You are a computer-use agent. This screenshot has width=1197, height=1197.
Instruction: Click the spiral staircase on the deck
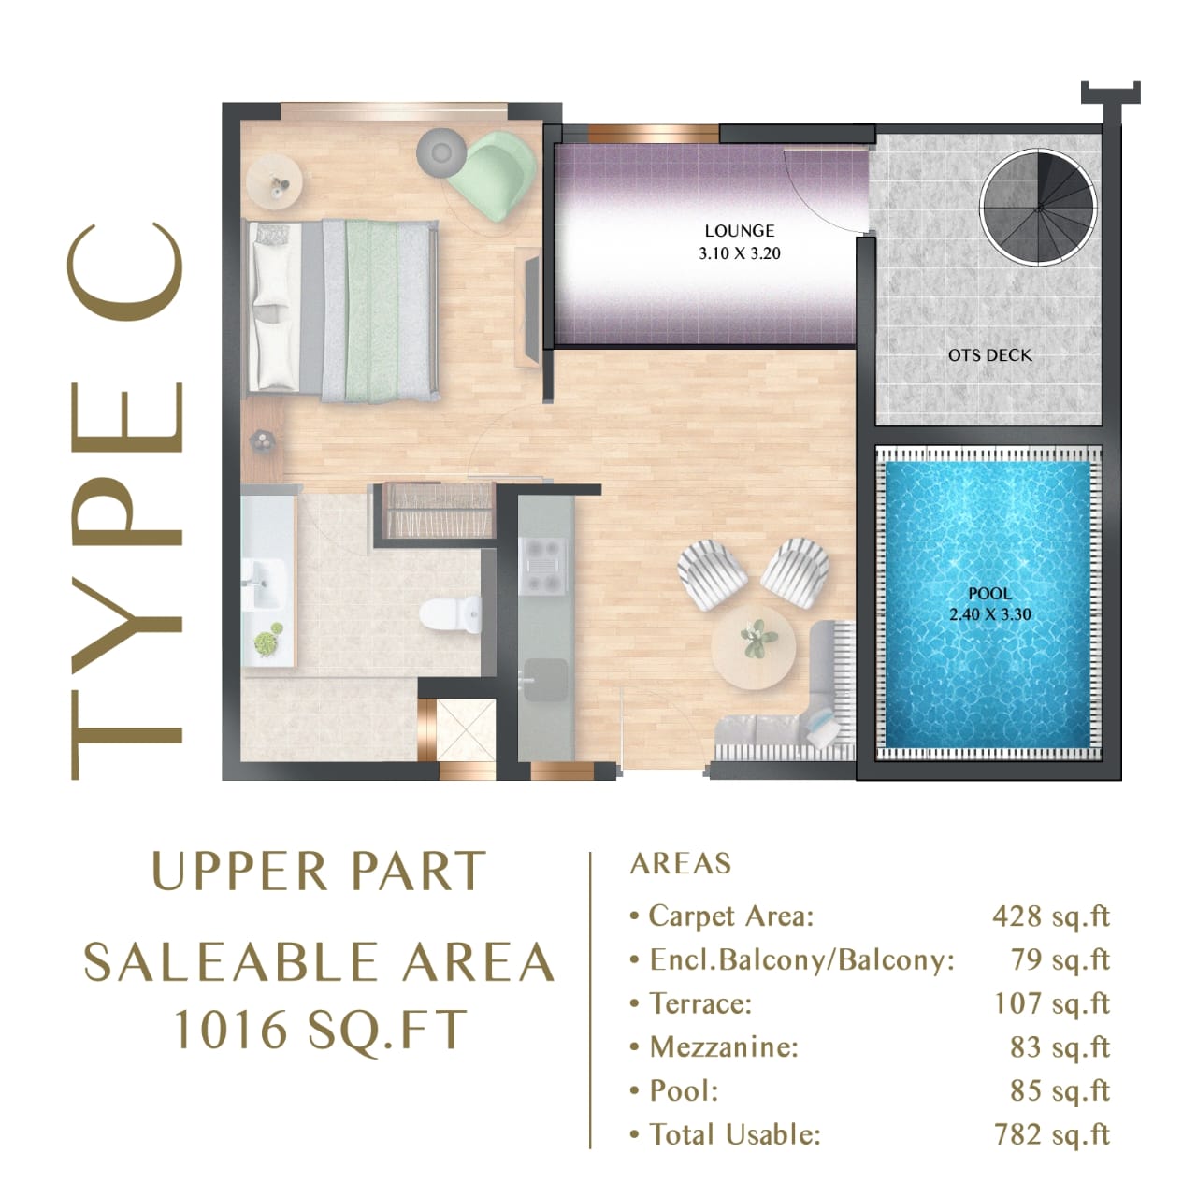pos(1038,208)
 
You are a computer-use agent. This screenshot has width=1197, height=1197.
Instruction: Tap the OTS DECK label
pos(989,355)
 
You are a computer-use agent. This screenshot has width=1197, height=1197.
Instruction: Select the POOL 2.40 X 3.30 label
pos(989,604)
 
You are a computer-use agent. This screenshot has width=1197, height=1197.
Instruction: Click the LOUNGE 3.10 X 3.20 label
pos(739,241)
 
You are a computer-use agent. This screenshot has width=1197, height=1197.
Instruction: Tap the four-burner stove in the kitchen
pos(543,567)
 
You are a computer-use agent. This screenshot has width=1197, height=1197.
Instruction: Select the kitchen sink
pos(543,678)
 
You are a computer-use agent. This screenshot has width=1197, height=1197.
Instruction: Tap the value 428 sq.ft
pos(1050,916)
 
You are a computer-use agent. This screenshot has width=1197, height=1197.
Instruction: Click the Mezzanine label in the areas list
pos(723,1046)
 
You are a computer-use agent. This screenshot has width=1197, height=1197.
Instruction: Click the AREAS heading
pos(681,863)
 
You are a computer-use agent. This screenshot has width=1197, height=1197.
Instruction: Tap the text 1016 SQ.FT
pos(320,1031)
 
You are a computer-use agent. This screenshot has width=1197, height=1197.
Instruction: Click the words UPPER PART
pos(318,872)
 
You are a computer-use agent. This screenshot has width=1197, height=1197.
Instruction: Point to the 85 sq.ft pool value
pos(1060,1090)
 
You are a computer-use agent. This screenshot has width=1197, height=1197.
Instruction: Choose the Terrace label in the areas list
pos(699,1003)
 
